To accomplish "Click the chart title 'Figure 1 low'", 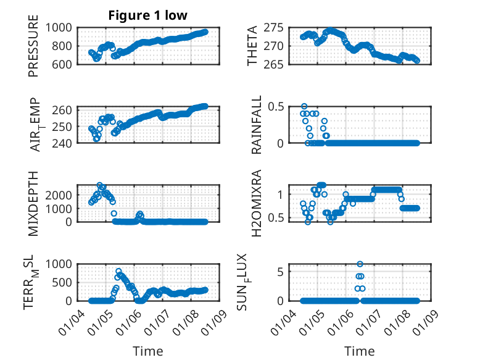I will click(x=147, y=15).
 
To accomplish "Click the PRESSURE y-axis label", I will click(x=33, y=46).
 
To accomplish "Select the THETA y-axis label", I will click(x=253, y=46).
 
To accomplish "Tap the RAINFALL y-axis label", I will click(x=257, y=124).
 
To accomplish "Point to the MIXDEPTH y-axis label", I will click(x=33, y=203).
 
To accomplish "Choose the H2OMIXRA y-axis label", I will click(x=257, y=203).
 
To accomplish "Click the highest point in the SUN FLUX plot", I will click(x=360, y=264).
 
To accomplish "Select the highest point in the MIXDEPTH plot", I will click(x=99, y=185).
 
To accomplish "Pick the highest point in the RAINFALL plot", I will click(x=304, y=106).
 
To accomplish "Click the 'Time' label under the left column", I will click(x=148, y=351).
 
